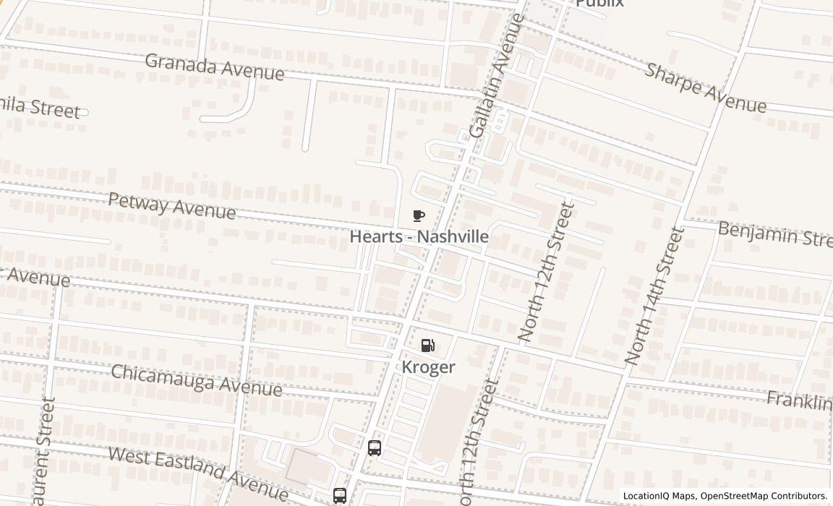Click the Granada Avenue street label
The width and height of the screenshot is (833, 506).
pyautogui.click(x=214, y=67)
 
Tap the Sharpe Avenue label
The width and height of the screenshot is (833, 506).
pyautogui.click(x=705, y=88)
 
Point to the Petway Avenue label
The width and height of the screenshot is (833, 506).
pyautogui.click(x=172, y=205)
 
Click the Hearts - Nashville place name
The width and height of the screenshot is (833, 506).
pyautogui.click(x=419, y=236)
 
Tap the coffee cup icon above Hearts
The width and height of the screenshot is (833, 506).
pyautogui.click(x=418, y=215)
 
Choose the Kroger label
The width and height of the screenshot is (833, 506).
pyautogui.click(x=429, y=366)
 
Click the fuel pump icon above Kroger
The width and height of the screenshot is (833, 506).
pyautogui.click(x=428, y=346)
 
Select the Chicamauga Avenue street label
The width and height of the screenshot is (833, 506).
pyautogui.click(x=196, y=380)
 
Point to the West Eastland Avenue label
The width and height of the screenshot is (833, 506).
pyautogui.click(x=198, y=473)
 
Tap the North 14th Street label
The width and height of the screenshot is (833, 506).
pyautogui.click(x=654, y=296)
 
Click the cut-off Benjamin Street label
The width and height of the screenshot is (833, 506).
pyautogui.click(x=774, y=233)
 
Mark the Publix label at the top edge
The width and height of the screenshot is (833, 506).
pyautogui.click(x=599, y=4)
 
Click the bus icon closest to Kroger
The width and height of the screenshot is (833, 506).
pyautogui.click(x=374, y=447)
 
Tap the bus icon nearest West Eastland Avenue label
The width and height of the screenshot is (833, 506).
pyautogui.click(x=339, y=495)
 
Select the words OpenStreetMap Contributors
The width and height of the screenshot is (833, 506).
pyautogui.click(x=764, y=496)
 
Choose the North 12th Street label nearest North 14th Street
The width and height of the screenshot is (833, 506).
pyautogui.click(x=547, y=273)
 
